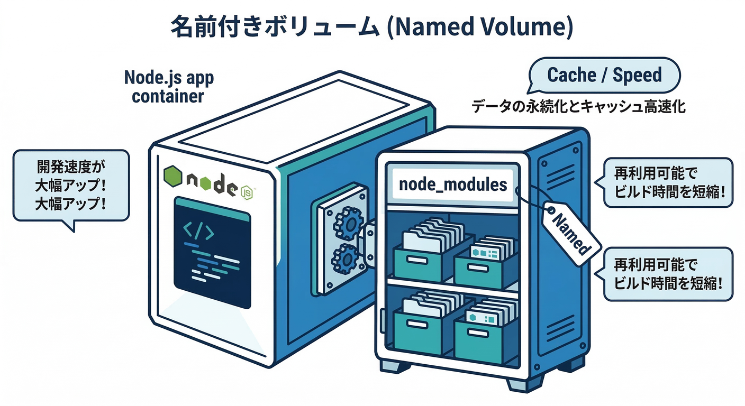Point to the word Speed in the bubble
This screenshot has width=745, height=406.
pyautogui.click(x=637, y=75)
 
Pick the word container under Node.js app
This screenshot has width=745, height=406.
pyautogui.click(x=167, y=97)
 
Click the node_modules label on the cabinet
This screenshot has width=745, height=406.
pyautogui.click(x=452, y=185)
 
